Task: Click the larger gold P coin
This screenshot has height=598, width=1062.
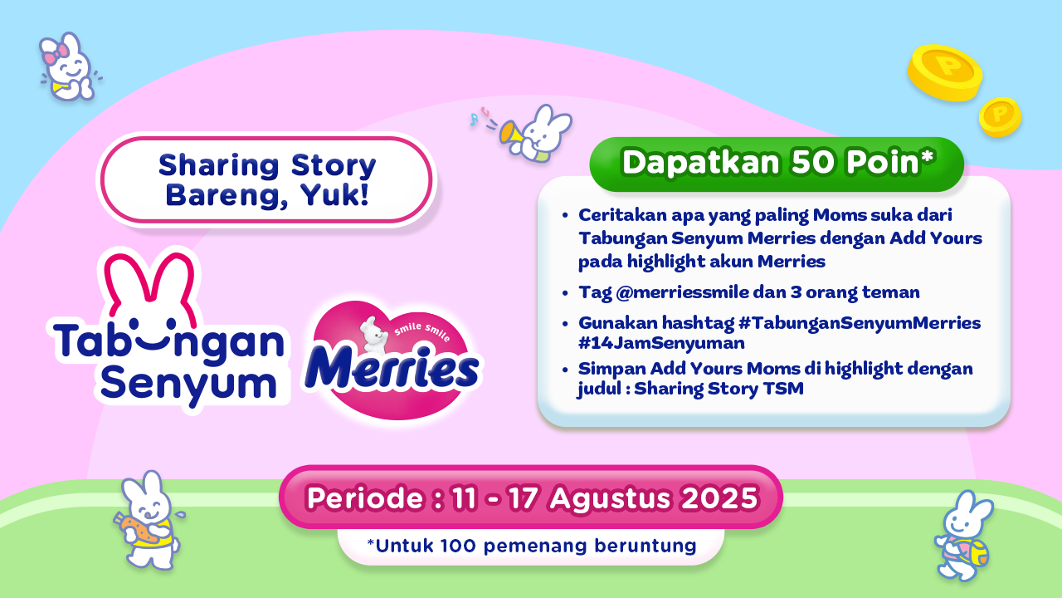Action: pos(945,73)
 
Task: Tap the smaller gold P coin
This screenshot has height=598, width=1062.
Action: pos(1000,117)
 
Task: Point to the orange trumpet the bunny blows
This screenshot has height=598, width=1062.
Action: pos(511,132)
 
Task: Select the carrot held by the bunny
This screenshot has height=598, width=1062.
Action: pos(138,529)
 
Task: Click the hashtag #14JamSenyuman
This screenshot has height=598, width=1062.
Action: pos(661,343)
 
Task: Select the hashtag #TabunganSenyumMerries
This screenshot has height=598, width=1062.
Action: pos(860,323)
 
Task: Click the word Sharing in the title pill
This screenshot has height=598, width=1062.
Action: pos(219,165)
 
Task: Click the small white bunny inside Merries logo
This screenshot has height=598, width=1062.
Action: pos(374,335)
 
